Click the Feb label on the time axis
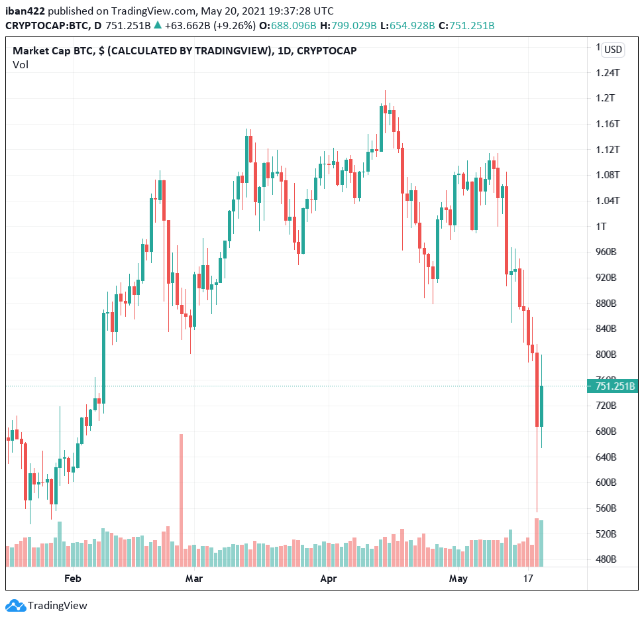(72, 579)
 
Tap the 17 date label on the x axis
(528, 579)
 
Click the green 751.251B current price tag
(613, 386)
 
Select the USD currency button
(613, 49)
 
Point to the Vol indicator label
(20, 64)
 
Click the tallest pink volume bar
(181, 500)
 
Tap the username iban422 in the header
(26, 11)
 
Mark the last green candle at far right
(541, 406)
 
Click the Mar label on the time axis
(194, 579)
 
